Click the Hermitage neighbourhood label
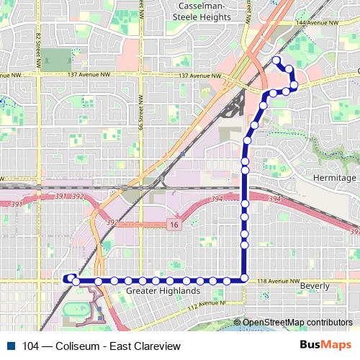pos(336,178)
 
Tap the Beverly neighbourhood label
pos(315,286)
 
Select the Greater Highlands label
pos(163,291)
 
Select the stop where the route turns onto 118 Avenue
pos(245,279)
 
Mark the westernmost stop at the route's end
pos(70,279)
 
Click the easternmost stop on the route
pos(294,84)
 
